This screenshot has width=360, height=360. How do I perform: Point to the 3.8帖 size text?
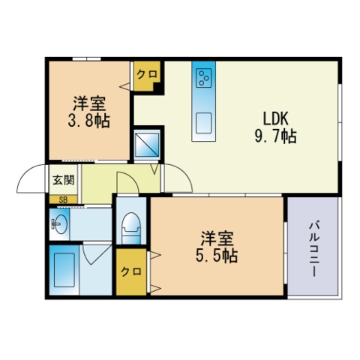click(x=91, y=120)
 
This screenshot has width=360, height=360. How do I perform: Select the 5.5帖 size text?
click(x=218, y=256)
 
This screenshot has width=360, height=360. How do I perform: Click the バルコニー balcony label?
click(x=313, y=248)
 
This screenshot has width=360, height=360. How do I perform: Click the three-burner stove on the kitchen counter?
click(x=203, y=76)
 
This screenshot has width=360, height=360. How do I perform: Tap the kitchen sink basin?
click(x=203, y=122)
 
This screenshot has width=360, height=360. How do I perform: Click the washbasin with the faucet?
click(x=59, y=223)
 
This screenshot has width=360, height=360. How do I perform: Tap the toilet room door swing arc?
click(x=127, y=182)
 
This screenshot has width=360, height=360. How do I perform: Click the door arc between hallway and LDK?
click(x=174, y=178)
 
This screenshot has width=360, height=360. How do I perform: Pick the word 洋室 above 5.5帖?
click(x=218, y=238)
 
